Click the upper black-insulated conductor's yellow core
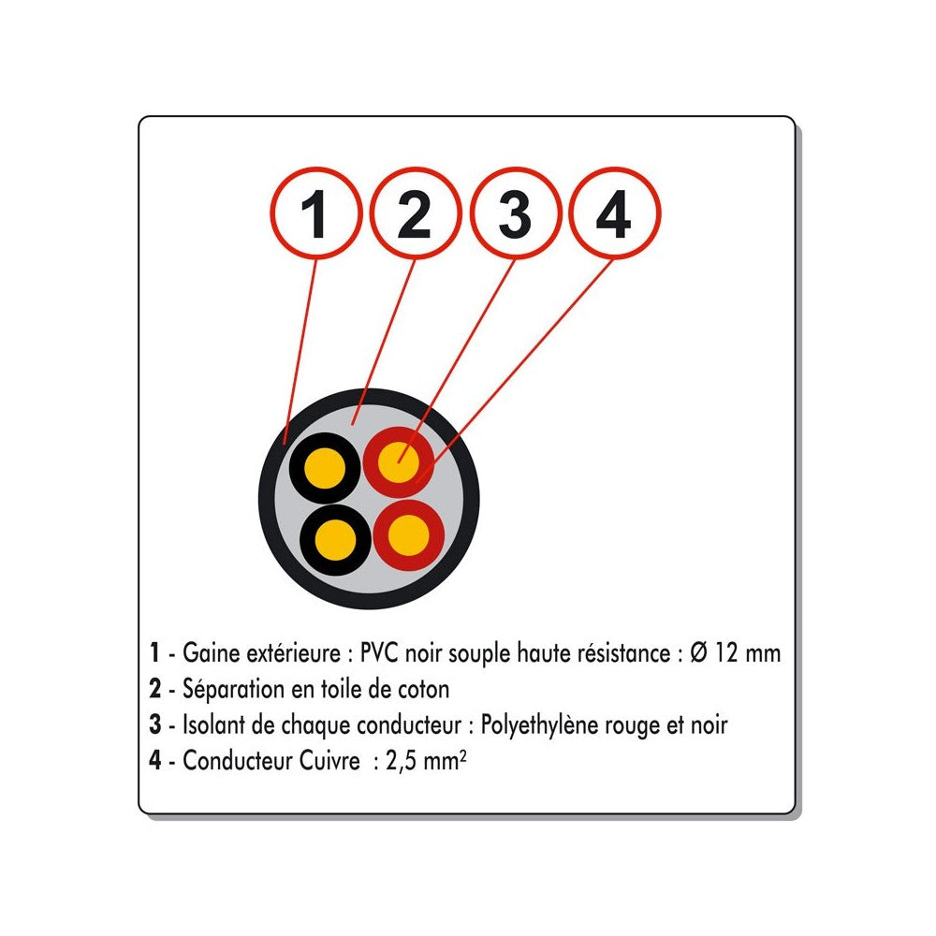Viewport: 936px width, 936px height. pos(324,468)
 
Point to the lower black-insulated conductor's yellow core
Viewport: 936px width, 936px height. pos(335,540)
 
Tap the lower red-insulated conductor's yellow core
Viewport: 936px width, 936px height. pos(409,534)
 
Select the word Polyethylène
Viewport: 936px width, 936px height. pos(540,726)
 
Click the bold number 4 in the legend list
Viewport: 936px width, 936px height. pos(155,761)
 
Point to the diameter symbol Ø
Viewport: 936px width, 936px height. pos(699,653)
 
